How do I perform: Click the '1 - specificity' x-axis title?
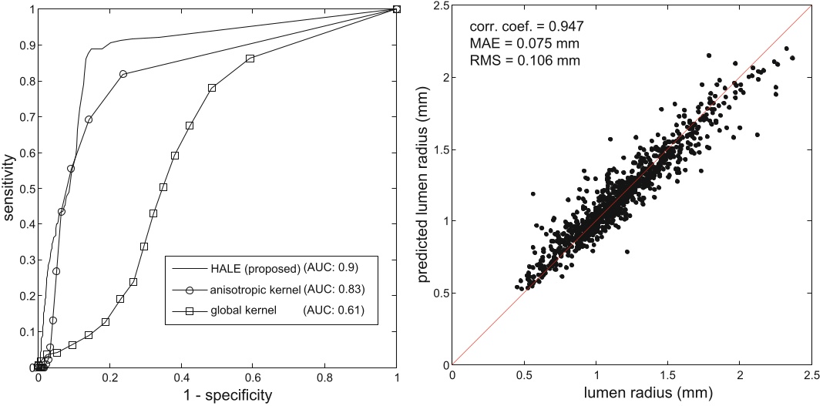pyautogui.click(x=217, y=395)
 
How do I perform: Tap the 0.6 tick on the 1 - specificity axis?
pyautogui.click(x=253, y=378)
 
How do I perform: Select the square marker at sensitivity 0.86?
pyautogui.click(x=250, y=59)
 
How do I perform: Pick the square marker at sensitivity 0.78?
pyautogui.click(x=212, y=88)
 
